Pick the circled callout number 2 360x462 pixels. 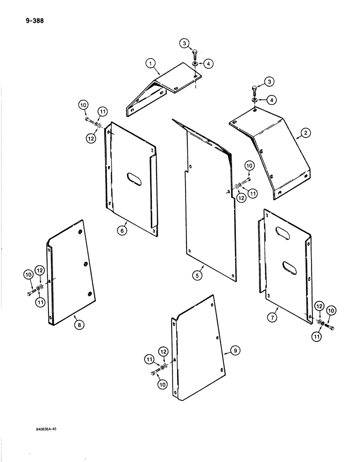pyautogui.click(x=305, y=134)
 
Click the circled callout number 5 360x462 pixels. pyautogui.click(x=197, y=275)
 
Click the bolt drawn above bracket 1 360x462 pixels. pyautogui.click(x=194, y=53)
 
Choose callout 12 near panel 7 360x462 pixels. pyautogui.click(x=318, y=305)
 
